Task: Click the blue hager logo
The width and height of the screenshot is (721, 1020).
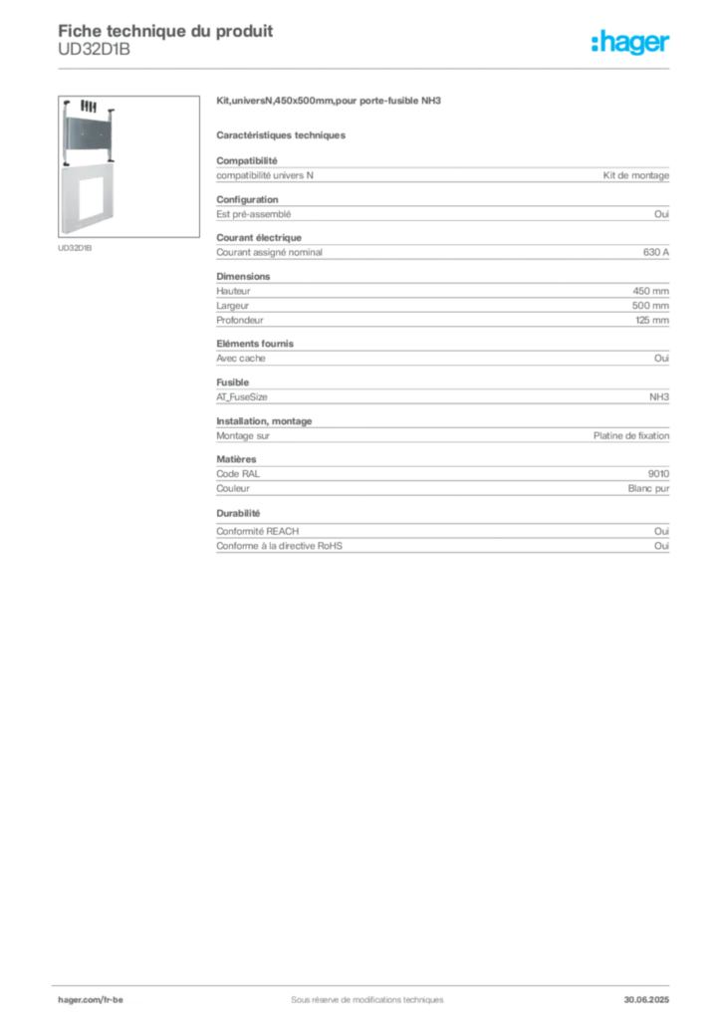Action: [631, 43]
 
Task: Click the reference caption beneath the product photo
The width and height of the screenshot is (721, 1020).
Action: [76, 248]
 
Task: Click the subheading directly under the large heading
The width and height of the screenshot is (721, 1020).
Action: [283, 134]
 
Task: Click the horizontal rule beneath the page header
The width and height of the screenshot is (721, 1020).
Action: [365, 68]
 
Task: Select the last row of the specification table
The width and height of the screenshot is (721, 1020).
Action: [442, 547]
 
